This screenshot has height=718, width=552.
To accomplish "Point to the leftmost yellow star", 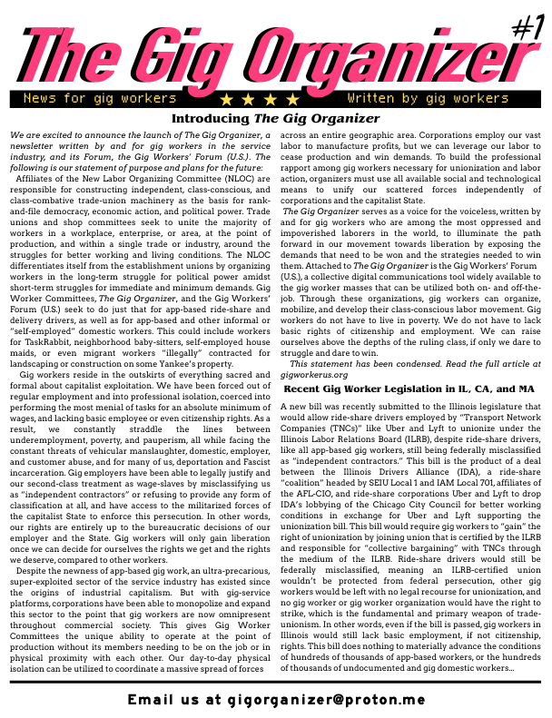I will coord(226,98).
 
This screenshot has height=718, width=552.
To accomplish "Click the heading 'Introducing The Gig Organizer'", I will coord(275,119).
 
